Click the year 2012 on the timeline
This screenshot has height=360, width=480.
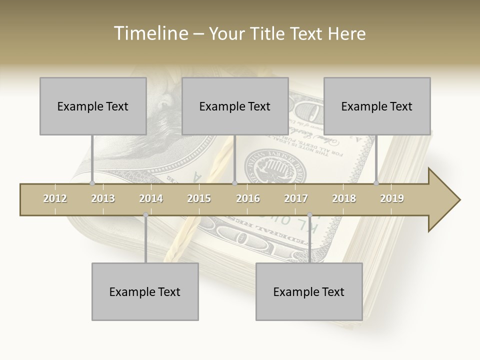[55, 198]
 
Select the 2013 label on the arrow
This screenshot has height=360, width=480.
[103, 198]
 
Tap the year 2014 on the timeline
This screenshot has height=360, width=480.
[151, 198]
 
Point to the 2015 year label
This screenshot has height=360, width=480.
[199, 198]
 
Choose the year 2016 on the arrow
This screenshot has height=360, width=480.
[248, 198]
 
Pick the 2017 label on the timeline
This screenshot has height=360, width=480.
[296, 198]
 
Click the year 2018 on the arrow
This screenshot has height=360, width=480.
[344, 198]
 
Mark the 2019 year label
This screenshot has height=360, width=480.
[392, 198]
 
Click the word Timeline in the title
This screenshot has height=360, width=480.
[150, 33]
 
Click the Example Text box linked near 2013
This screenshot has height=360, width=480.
[93, 106]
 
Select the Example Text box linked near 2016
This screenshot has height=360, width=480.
[235, 106]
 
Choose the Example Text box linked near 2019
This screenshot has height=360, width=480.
[377, 106]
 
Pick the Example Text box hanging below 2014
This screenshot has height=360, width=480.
[145, 291]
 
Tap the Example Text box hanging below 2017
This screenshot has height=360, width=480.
[309, 291]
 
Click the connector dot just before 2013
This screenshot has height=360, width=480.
[92, 183]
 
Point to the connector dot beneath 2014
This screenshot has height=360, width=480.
[145, 215]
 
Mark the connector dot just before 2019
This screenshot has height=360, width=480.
[376, 183]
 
